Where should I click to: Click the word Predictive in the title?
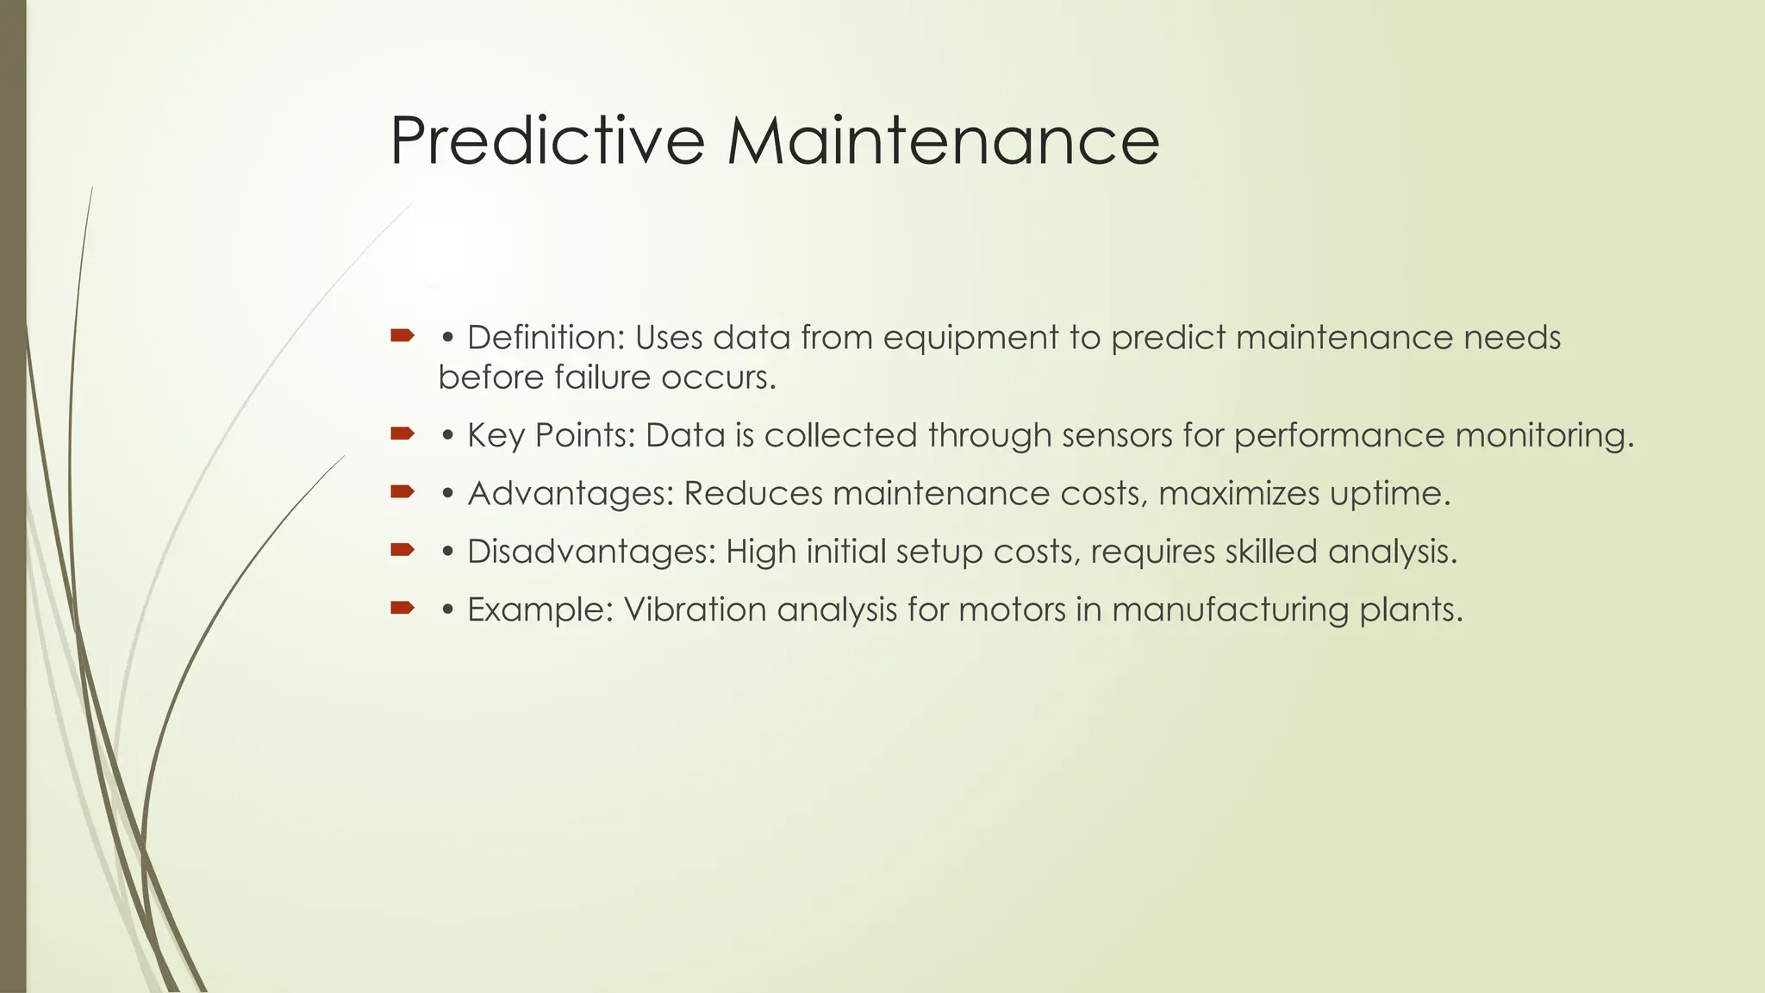tap(547, 141)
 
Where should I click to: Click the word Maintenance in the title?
tap(943, 141)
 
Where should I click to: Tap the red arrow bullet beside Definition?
tap(402, 335)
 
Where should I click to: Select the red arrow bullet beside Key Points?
tap(402, 434)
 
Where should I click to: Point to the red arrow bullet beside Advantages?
tap(402, 492)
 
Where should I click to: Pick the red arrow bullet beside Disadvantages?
tap(402, 550)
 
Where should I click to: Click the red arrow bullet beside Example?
tap(402, 609)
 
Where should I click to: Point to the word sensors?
tap(1117, 435)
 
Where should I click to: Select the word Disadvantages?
tap(591, 552)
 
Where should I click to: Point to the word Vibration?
tap(695, 610)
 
